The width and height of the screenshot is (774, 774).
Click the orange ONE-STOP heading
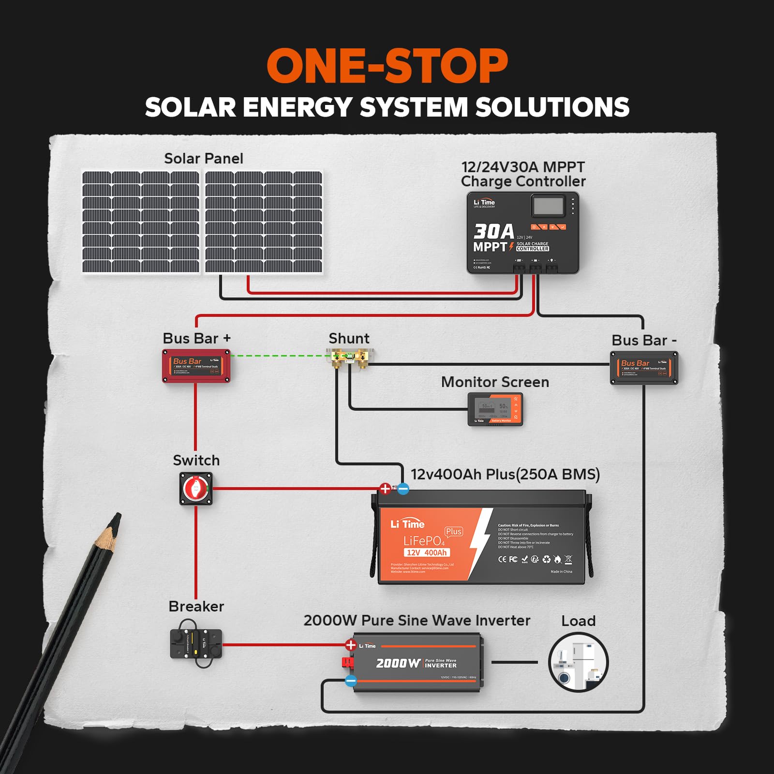click(x=387, y=66)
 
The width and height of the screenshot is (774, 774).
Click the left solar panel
click(x=141, y=222)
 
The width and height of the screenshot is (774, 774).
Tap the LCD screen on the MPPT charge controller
click(x=548, y=206)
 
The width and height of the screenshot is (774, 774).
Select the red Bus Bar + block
click(x=196, y=366)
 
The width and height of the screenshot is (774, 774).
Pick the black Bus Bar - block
click(x=644, y=368)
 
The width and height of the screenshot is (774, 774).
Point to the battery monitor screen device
click(x=495, y=409)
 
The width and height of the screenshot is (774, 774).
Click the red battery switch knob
click(x=196, y=489)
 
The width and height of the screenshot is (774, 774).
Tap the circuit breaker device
click(x=196, y=643)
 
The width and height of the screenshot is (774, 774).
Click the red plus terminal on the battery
click(x=385, y=489)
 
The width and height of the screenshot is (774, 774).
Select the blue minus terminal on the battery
click(x=403, y=489)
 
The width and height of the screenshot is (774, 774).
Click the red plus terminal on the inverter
click(x=351, y=645)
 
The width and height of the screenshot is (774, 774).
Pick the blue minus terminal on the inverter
click(x=351, y=681)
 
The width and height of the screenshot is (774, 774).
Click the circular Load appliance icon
click(x=578, y=662)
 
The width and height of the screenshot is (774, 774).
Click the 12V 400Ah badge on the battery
click(x=426, y=552)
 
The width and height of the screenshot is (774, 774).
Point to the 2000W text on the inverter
click(x=398, y=663)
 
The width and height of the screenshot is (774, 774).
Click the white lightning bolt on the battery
click(x=480, y=542)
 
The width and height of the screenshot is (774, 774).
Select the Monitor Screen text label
click(x=495, y=382)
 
